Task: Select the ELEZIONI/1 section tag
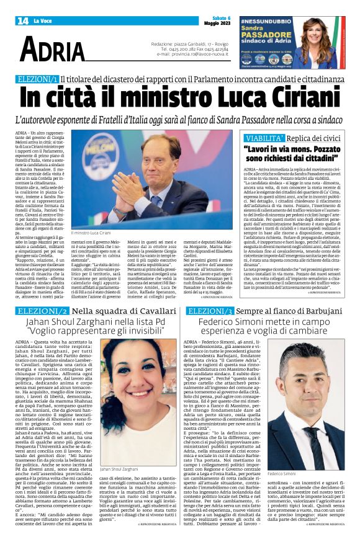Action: pos(38,79)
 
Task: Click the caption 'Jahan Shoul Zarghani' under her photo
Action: pos(120,470)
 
